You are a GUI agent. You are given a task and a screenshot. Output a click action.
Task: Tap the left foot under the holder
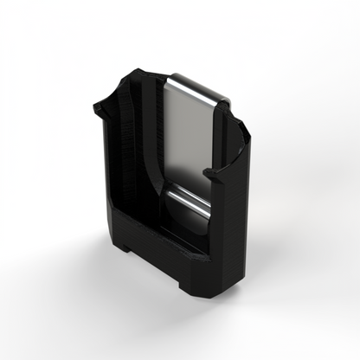[x=126, y=248]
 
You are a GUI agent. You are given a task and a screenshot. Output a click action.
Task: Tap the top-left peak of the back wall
[x=136, y=71]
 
